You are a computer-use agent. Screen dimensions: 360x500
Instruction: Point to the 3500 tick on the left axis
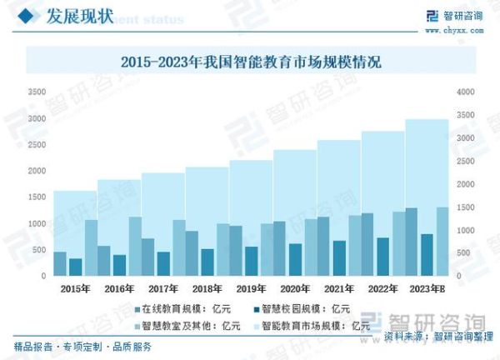(x=36, y=92)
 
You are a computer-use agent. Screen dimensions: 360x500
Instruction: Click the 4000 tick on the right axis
(x=465, y=92)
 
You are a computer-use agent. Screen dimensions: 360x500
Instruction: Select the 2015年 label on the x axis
(x=76, y=288)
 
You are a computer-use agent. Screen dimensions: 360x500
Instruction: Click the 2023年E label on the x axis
(x=429, y=288)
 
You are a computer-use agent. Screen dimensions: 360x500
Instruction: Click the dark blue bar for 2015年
(x=75, y=267)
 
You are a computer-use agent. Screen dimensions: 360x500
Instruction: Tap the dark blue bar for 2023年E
(x=427, y=255)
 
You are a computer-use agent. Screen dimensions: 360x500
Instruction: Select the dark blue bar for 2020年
(x=295, y=260)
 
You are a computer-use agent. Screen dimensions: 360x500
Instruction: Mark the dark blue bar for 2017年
(x=163, y=264)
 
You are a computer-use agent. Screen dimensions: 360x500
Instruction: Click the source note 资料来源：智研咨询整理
(x=438, y=337)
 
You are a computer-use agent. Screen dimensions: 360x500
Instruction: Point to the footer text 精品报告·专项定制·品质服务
(x=82, y=347)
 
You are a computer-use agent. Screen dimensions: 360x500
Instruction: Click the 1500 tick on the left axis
(x=36, y=197)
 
